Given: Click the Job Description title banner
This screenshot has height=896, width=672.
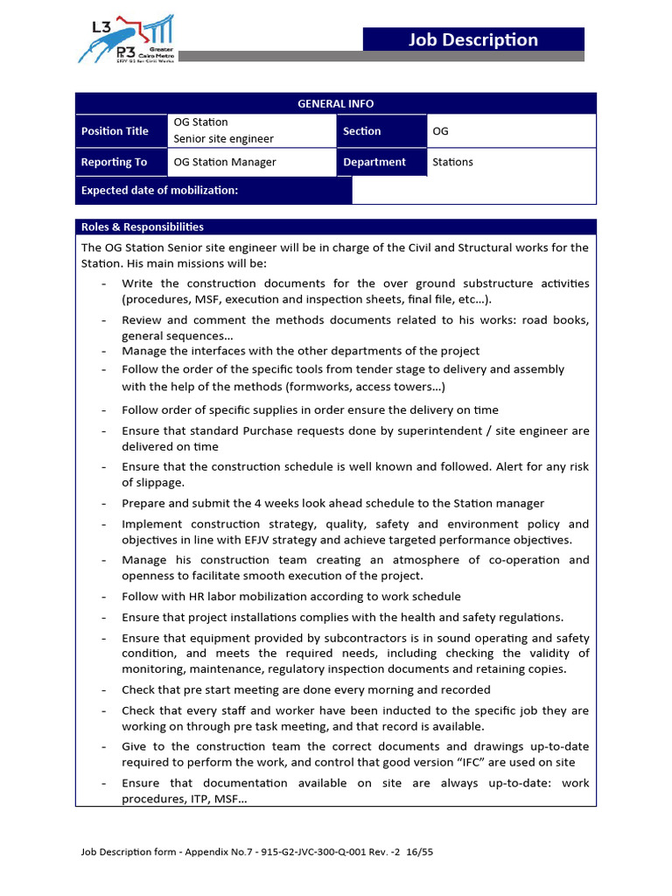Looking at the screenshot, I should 473,39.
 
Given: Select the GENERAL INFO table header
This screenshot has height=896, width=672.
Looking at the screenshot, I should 335,103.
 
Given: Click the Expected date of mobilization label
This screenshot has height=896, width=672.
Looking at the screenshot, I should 159,190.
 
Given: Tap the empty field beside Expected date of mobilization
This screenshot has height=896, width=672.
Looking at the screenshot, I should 473,190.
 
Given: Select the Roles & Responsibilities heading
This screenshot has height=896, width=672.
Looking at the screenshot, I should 143,227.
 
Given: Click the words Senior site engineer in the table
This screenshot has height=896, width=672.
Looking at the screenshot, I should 223,138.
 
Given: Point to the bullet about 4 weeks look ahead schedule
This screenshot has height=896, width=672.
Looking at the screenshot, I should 332,503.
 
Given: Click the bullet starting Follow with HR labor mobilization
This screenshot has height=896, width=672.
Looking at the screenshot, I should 290,597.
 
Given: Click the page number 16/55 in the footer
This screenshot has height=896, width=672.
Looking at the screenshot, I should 417,851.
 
